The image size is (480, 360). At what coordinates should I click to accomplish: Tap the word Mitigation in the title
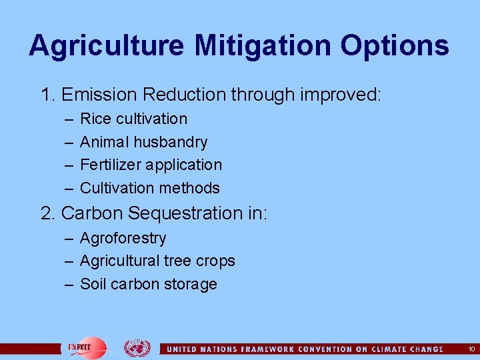click(x=262, y=45)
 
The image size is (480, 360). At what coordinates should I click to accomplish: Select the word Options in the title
click(x=396, y=45)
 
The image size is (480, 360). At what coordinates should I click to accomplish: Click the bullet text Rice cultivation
click(x=133, y=119)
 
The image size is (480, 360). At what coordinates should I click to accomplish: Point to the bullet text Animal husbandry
click(x=143, y=142)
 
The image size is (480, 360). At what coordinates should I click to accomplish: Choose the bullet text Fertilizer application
click(x=151, y=165)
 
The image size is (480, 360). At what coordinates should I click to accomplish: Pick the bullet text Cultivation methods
click(x=149, y=188)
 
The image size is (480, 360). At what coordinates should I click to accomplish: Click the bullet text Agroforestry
click(x=123, y=238)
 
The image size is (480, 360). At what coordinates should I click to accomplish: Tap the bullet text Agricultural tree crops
click(x=157, y=261)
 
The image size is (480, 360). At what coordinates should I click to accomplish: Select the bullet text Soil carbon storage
click(x=148, y=284)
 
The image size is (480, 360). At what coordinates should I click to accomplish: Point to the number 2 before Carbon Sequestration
click(x=46, y=213)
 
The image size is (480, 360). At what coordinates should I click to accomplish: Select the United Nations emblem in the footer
click(x=137, y=348)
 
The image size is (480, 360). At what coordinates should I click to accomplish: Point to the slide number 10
click(x=471, y=349)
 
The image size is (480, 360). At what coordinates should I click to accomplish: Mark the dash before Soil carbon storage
click(x=69, y=285)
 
